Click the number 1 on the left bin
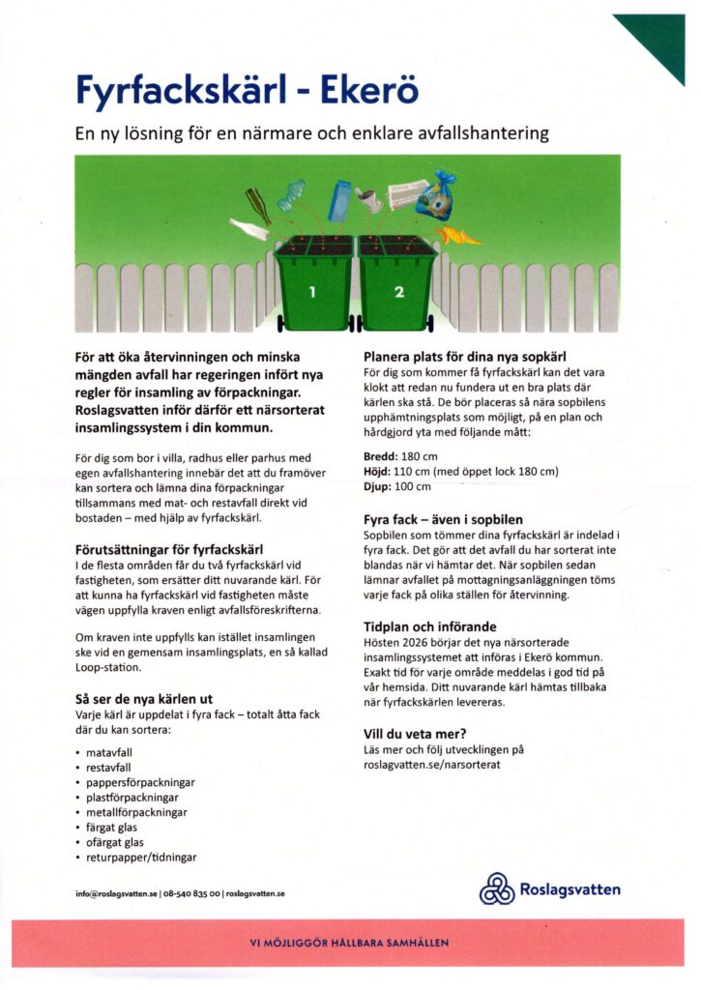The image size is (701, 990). (312, 291)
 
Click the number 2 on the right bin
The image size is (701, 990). (398, 292)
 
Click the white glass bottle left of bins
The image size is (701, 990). (248, 230)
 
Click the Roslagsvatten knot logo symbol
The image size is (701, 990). (497, 888)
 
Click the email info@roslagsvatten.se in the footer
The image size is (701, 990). (116, 893)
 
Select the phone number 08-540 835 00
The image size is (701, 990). (191, 893)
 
